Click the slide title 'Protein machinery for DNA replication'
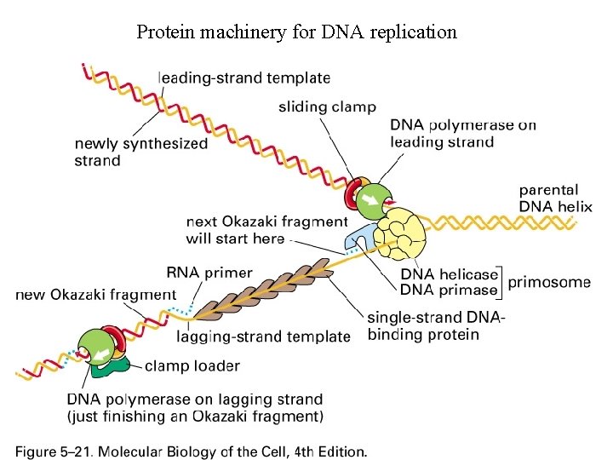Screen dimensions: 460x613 [x=296, y=32]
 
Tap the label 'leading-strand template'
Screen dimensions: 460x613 [x=243, y=78]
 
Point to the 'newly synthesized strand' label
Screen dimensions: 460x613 [x=140, y=152]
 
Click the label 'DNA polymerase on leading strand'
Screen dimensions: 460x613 [x=462, y=133]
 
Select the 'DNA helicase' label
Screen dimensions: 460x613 [x=449, y=274]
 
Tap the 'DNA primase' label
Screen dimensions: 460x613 [x=449, y=290]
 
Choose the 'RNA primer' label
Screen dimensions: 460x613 [x=209, y=273]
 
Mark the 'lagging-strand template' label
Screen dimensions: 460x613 [x=263, y=336]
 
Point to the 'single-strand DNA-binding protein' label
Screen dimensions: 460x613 [x=435, y=326]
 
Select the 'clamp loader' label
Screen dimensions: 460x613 [x=192, y=366]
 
